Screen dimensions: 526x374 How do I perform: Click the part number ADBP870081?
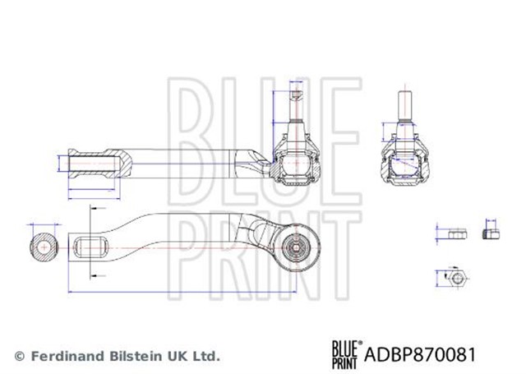point(420,354)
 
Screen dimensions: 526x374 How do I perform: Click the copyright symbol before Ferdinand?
point(20,356)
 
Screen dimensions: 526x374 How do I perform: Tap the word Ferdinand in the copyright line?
point(67,356)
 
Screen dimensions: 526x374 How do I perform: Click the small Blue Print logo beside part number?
point(347,354)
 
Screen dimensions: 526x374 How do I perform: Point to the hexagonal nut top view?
point(457,278)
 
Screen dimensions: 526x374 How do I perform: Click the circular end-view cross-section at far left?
point(44,247)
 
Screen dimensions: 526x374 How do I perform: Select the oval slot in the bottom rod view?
point(90,247)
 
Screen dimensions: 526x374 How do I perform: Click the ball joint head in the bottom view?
point(297,247)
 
